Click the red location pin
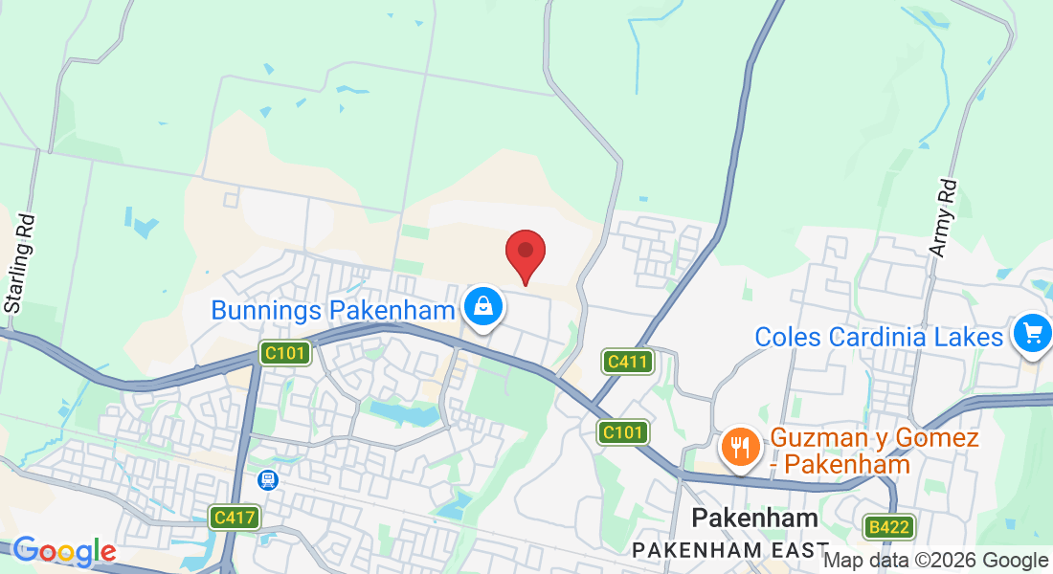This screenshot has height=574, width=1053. tap(526, 253)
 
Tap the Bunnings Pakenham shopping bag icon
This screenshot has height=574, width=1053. tap(483, 307)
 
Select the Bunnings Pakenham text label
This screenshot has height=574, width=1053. tap(332, 310)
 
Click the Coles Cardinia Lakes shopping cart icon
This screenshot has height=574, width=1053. tap(1032, 334)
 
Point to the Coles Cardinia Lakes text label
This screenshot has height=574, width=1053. tap(879, 337)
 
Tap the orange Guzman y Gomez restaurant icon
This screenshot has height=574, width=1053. tap(739, 447)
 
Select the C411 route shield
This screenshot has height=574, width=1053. tap(627, 362)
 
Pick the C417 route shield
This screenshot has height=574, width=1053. tap(235, 518)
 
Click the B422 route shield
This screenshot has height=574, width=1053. tap(887, 526)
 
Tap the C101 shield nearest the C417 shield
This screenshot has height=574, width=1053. tap(285, 354)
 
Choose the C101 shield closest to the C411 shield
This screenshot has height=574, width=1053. tap(623, 432)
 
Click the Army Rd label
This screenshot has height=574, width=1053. tap(942, 217)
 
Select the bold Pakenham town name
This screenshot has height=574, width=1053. tap(755, 519)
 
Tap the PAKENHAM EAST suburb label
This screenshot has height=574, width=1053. tap(729, 550)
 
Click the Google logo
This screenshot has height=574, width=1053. tap(64, 551)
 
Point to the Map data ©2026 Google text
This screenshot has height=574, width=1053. tap(935, 561)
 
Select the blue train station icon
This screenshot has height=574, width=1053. tap(268, 479)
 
